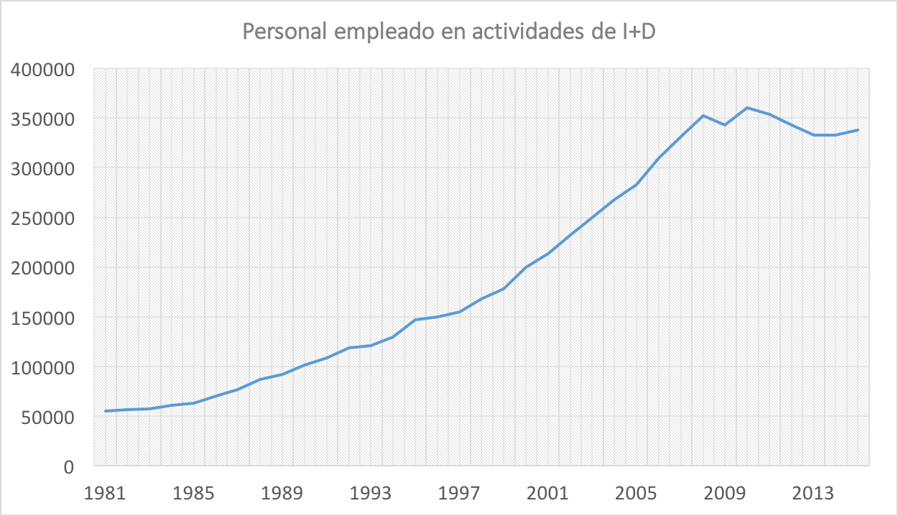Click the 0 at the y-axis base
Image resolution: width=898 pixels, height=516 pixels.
pyautogui.click(x=69, y=466)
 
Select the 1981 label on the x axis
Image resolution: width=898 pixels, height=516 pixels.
pyautogui.click(x=105, y=494)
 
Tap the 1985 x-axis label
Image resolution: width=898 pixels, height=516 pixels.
pyautogui.click(x=194, y=494)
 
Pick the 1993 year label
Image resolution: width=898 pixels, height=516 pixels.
pyautogui.click(x=371, y=494)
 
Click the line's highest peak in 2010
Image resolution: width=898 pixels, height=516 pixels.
pyautogui.click(x=748, y=108)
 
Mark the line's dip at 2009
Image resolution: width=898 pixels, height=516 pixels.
pyautogui.click(x=726, y=125)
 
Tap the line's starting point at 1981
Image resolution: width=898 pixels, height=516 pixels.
pyautogui.click(x=106, y=411)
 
